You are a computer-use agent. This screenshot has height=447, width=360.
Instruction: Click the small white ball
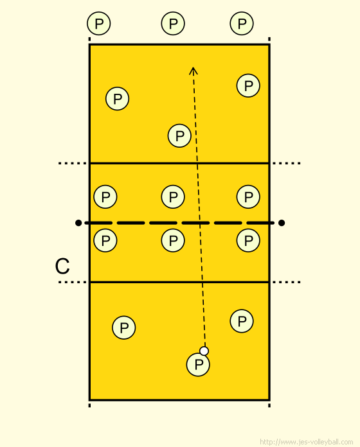click(204, 351)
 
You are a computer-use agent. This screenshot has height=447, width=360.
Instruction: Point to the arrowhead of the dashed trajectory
click(194, 67)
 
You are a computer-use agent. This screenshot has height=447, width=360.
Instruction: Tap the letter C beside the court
click(62, 266)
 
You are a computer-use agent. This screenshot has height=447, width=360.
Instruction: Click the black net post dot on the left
click(78, 223)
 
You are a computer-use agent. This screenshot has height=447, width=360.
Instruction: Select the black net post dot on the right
click(282, 223)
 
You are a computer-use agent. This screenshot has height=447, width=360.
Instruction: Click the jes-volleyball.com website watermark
click(307, 442)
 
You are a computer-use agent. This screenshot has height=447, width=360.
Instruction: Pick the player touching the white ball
click(198, 365)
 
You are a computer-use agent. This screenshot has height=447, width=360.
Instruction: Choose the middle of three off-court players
click(173, 23)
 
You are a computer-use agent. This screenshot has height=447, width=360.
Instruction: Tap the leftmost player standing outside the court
click(99, 23)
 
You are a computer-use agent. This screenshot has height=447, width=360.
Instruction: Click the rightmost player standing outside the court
click(242, 23)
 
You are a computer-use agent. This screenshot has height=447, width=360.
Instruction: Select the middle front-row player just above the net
click(173, 197)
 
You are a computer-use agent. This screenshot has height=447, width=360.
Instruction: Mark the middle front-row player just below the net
click(173, 240)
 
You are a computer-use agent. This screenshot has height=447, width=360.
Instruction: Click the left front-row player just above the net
click(105, 197)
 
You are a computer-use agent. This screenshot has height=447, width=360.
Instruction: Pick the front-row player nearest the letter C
click(105, 240)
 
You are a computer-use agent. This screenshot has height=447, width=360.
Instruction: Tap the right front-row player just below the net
click(248, 240)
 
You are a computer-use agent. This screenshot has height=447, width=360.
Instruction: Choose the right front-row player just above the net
click(248, 197)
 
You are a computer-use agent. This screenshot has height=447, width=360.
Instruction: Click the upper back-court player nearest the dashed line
click(179, 136)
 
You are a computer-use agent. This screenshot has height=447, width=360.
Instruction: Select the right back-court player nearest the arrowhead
click(248, 85)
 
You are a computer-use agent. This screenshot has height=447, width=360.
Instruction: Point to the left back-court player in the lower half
click(124, 328)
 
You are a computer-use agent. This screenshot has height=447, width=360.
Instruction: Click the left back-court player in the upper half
click(117, 99)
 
